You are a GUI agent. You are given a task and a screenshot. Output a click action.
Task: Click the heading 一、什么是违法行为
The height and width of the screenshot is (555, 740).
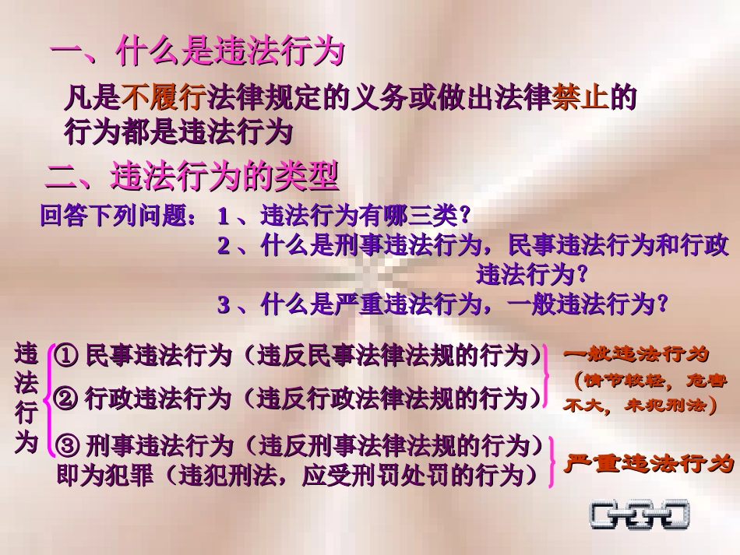click(197, 54)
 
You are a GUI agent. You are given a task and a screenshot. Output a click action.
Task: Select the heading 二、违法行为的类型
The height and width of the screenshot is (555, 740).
click(192, 177)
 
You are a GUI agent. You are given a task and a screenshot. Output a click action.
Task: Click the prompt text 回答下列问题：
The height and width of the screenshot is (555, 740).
click(119, 216)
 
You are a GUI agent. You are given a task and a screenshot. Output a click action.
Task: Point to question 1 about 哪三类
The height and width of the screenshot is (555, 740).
click(345, 216)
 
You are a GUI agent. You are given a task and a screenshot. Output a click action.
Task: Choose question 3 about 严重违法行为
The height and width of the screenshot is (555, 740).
click(443, 304)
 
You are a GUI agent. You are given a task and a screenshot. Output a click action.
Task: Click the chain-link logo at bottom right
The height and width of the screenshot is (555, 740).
click(640, 515)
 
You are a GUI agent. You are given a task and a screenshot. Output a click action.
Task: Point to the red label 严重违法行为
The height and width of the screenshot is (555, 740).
click(647, 464)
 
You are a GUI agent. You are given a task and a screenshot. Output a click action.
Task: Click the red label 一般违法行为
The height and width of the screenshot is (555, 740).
click(637, 355)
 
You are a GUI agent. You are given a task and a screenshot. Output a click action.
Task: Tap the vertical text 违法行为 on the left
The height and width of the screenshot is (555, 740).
click(26, 399)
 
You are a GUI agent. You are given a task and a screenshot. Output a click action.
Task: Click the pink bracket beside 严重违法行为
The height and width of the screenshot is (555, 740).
click(552, 462)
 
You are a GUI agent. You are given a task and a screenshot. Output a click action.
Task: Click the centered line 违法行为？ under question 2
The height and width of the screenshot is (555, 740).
click(531, 274)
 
